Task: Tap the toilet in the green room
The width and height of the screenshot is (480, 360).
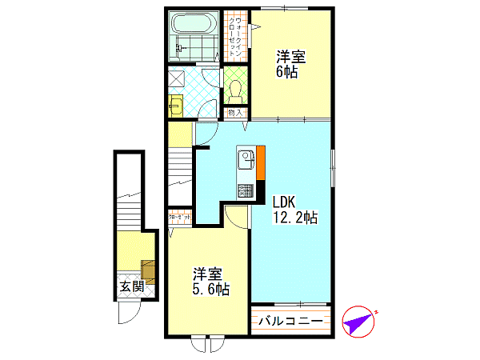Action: [234, 88]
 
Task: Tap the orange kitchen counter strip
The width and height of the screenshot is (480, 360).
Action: [260, 165]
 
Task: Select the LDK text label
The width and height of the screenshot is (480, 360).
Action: [282, 201]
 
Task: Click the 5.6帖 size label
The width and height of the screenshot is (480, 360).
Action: [210, 289]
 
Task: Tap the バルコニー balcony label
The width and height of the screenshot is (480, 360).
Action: [291, 322]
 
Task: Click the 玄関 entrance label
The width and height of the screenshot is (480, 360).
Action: [132, 286]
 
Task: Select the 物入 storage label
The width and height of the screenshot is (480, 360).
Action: [234, 113]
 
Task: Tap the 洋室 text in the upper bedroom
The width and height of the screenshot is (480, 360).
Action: [290, 56]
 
